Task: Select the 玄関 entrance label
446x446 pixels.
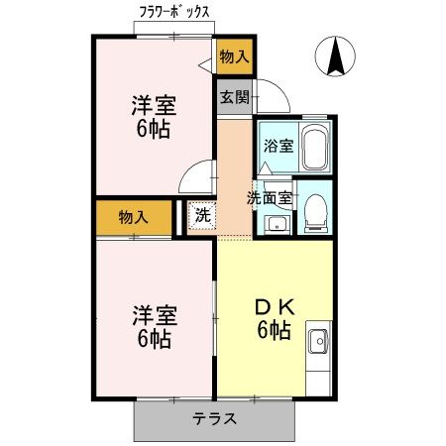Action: coord(234,98)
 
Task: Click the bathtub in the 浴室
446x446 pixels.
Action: coord(313,148)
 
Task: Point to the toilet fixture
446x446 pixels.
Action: coord(316,210)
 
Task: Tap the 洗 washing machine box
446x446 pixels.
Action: coord(201,215)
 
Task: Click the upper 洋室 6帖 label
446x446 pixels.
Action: coord(155,116)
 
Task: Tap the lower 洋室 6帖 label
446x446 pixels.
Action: coord(155,328)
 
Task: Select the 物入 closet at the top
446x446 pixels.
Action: coord(235,58)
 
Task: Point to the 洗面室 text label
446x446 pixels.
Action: coord(269,195)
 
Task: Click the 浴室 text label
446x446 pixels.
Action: coord(279,147)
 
